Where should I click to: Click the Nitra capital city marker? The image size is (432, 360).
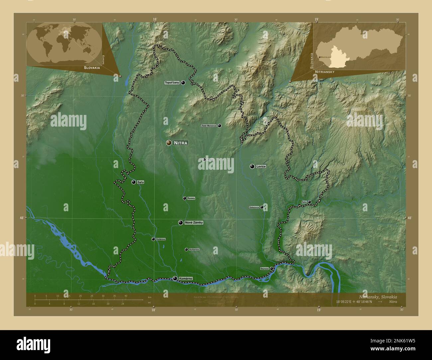(x=169, y=143)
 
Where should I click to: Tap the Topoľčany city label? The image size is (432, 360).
(x=172, y=83)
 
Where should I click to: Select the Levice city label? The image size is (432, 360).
(x=261, y=166)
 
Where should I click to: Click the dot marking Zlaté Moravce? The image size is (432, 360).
(x=219, y=126)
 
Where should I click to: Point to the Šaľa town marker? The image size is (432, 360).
(x=134, y=182)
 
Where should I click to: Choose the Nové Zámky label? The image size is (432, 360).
(x=194, y=223)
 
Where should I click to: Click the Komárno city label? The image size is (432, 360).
(x=185, y=279)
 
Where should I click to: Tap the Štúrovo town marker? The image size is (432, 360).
(x=271, y=268)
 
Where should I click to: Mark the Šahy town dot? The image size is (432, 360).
(x=309, y=202)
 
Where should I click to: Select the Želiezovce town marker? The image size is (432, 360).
(x=262, y=207)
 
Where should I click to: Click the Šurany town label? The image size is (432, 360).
(x=191, y=198)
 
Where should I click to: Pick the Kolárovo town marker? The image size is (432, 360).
(x=153, y=239)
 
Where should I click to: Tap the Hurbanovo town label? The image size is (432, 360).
(x=194, y=249)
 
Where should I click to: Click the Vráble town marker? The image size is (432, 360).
(x=204, y=160)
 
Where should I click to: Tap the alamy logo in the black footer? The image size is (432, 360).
(x=33, y=344)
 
